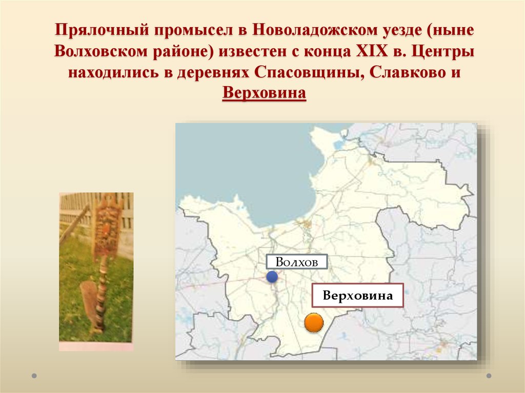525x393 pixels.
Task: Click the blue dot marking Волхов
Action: [272, 277]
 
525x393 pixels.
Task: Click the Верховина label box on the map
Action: [358, 296]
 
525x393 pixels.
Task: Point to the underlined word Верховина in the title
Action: [264, 94]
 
